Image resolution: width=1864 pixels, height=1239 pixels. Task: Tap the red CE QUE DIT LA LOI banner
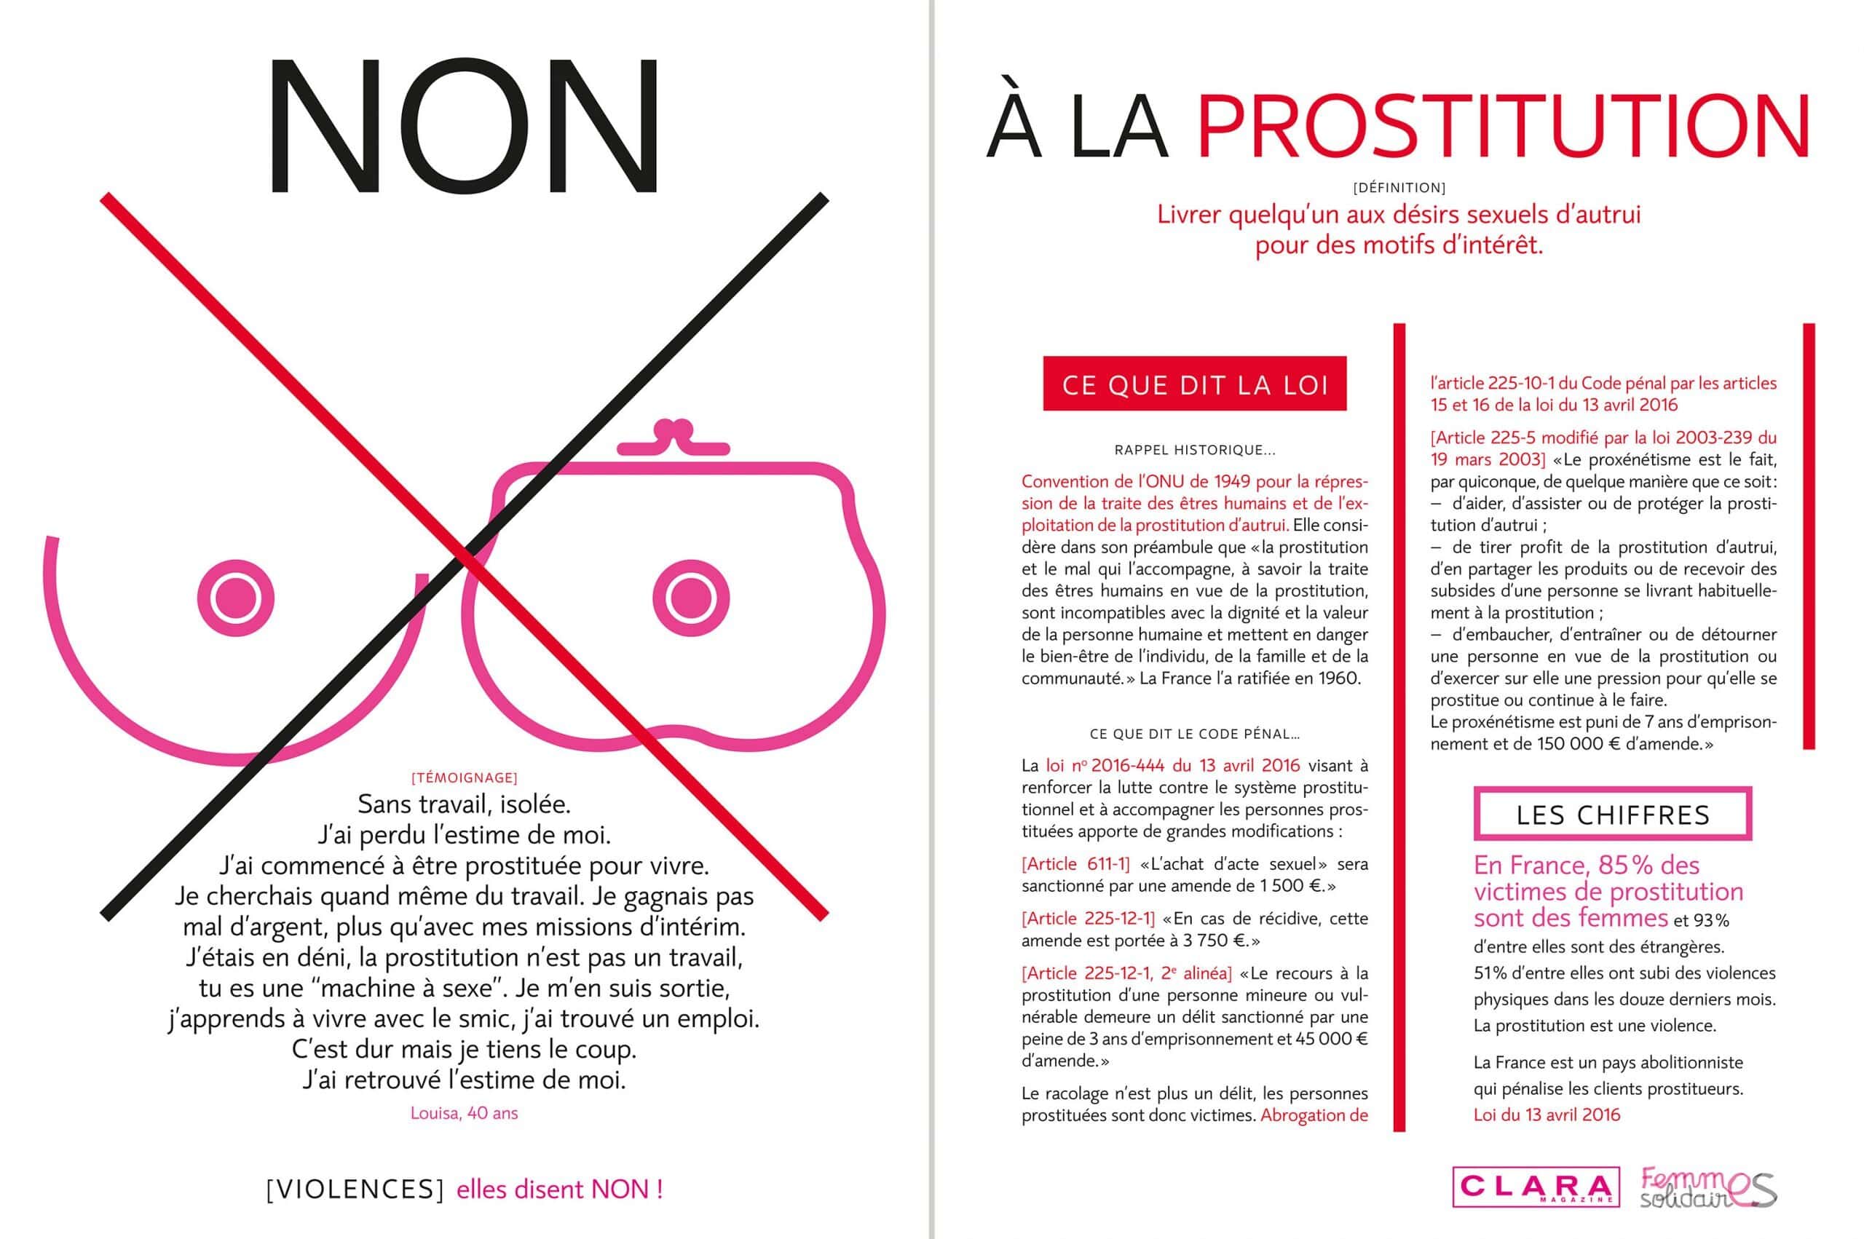(1194, 384)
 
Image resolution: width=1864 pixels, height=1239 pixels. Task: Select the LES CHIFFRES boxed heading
(1613, 815)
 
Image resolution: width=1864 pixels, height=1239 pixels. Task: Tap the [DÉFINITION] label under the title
(1399, 188)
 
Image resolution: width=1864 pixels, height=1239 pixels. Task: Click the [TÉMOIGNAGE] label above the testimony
(465, 777)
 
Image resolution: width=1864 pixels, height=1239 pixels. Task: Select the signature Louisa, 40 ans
(464, 1113)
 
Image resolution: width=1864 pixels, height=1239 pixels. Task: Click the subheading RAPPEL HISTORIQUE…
(1195, 451)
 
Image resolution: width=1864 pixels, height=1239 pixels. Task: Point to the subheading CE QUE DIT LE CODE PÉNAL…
(1195, 734)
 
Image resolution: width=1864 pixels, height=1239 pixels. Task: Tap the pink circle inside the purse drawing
(692, 598)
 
